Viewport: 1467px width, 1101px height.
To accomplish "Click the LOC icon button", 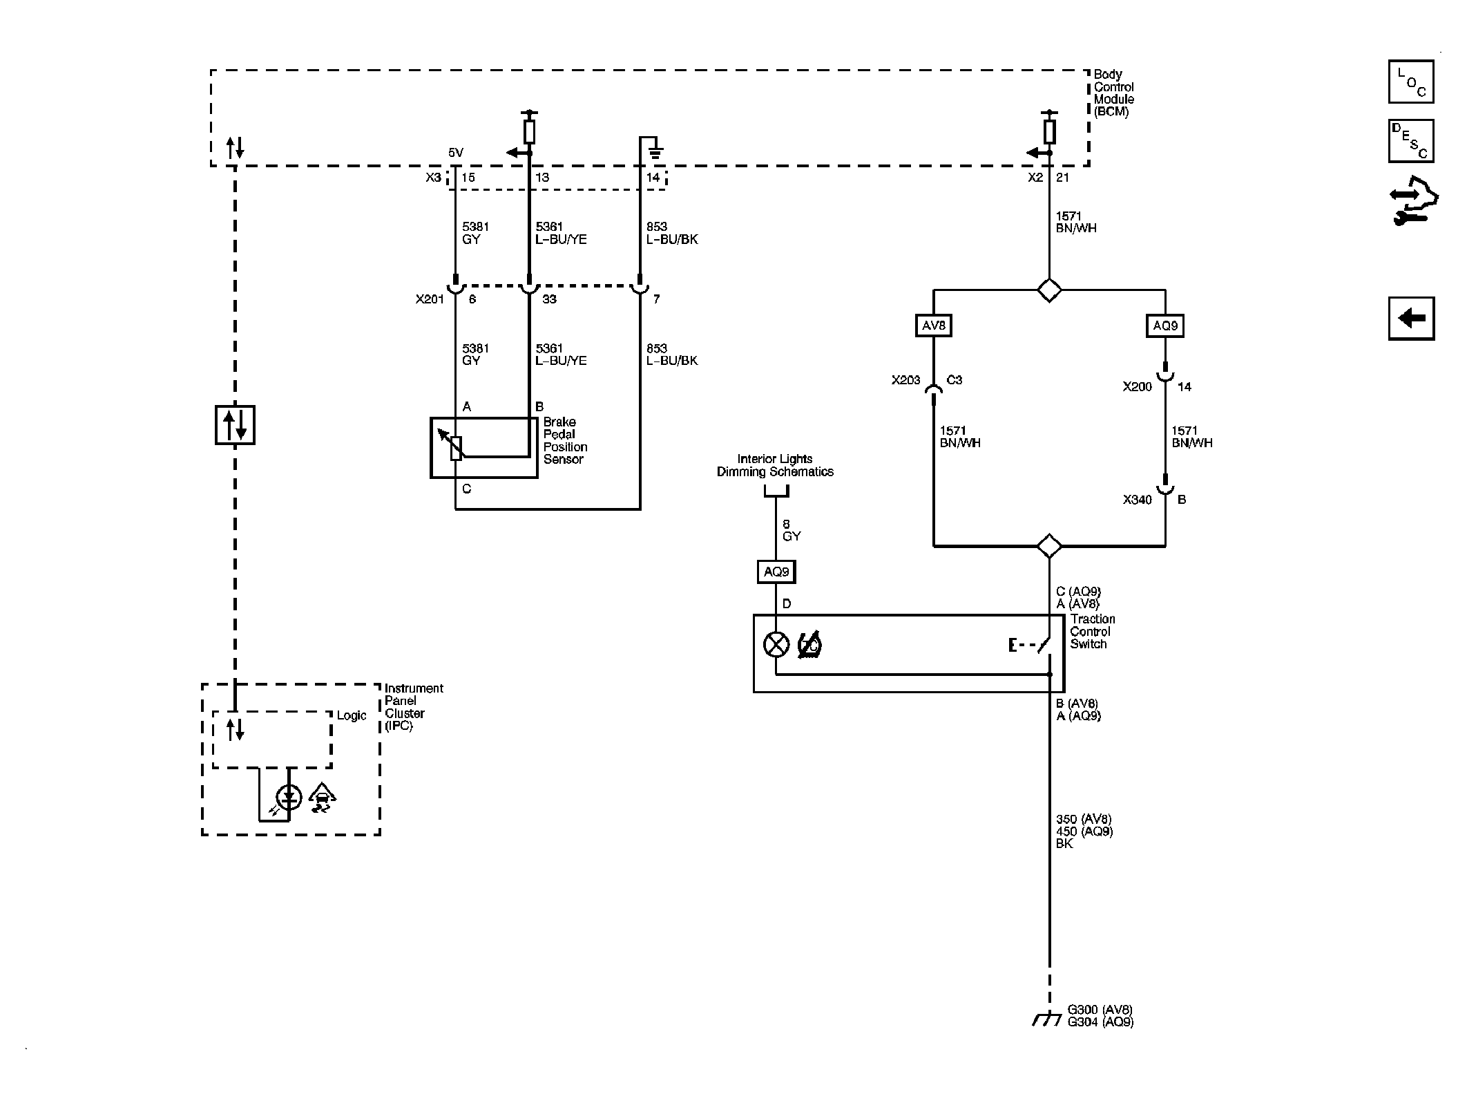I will tap(1410, 82).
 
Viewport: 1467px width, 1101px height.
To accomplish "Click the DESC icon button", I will tap(1410, 141).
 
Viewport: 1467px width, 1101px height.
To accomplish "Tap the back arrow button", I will tap(1411, 319).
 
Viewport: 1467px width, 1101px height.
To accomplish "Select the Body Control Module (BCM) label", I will tap(1113, 93).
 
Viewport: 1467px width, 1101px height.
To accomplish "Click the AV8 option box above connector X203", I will tap(933, 326).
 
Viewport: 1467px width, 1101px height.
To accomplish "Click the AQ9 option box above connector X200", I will tap(1165, 326).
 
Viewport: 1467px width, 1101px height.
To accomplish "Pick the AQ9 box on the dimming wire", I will tap(776, 572).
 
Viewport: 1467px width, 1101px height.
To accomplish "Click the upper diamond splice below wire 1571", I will tap(1049, 290).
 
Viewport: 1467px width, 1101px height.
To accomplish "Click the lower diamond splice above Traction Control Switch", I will tap(1049, 546).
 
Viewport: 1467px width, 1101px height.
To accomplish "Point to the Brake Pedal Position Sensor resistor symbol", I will tap(456, 448).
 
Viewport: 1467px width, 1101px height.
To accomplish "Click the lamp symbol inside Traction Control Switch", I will tap(776, 645).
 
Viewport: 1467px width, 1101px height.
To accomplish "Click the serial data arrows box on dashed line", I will tap(235, 424).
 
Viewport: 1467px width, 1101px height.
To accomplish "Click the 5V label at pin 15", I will tap(456, 153).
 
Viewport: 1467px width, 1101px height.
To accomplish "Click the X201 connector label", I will tap(429, 299).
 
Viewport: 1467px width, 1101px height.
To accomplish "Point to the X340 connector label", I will tap(1137, 500).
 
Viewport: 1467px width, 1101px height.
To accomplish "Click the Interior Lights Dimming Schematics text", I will tap(775, 465).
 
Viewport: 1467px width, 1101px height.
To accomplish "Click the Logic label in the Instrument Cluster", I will tap(352, 716).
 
